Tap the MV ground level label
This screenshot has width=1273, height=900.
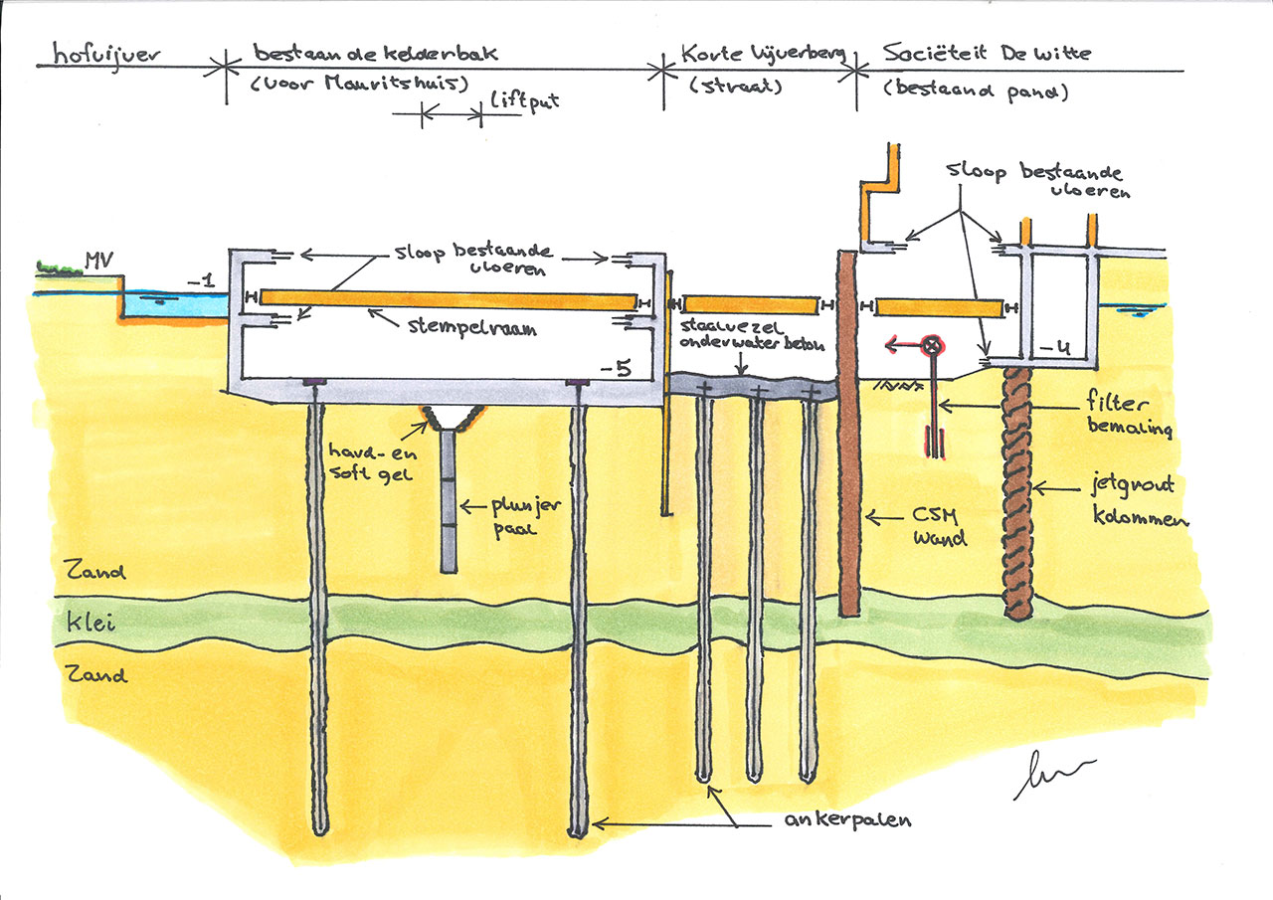click(x=97, y=261)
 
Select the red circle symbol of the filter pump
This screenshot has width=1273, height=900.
click(x=932, y=346)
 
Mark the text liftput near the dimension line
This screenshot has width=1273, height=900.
click(x=519, y=103)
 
